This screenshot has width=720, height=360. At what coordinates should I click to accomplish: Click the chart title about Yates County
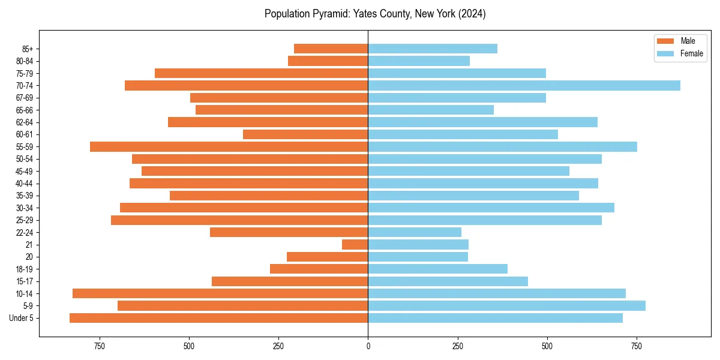[x=375, y=14]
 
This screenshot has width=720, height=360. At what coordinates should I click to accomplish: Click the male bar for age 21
[x=355, y=244]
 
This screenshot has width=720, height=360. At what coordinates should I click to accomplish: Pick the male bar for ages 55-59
[x=229, y=146]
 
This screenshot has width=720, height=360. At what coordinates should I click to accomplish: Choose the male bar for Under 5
[x=218, y=318]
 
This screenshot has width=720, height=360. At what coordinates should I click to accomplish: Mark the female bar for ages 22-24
[x=415, y=232]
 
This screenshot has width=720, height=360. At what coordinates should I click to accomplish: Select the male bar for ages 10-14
[x=220, y=293]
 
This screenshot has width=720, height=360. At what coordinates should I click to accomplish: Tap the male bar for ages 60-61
[x=305, y=134]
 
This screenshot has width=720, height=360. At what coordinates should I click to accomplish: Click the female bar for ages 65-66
[x=431, y=110]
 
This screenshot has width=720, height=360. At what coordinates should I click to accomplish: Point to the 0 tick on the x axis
[x=368, y=346]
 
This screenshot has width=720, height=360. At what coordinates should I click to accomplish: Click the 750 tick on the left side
[x=100, y=346]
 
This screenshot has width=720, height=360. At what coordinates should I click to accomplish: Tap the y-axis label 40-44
[x=25, y=184]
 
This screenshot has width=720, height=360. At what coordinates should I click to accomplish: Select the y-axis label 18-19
[x=25, y=269]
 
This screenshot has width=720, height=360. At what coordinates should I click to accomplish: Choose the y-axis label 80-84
[x=25, y=61]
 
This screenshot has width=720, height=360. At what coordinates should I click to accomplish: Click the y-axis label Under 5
[x=22, y=318]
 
